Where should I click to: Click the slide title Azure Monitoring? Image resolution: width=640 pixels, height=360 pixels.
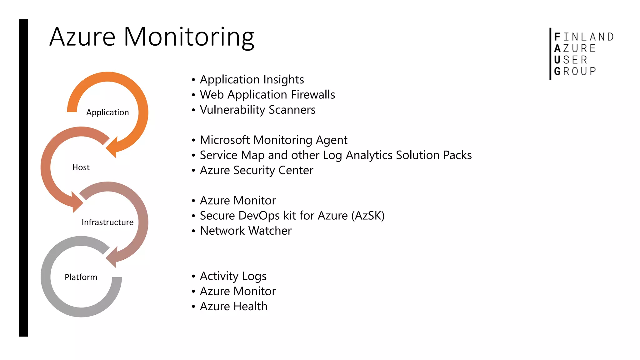click(x=152, y=37)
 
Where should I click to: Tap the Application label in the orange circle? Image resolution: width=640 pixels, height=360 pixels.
click(x=107, y=112)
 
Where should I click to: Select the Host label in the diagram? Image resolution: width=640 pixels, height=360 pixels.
click(x=81, y=167)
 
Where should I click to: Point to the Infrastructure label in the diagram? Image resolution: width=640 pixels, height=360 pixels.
click(x=107, y=222)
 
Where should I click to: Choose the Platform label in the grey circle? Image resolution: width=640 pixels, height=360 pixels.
click(x=81, y=277)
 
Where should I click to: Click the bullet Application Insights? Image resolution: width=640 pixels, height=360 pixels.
click(x=252, y=80)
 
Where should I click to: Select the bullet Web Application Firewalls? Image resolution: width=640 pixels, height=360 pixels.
click(x=267, y=95)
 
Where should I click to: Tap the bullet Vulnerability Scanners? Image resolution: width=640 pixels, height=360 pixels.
click(x=257, y=110)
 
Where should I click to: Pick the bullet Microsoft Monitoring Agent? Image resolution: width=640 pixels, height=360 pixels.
click(x=273, y=140)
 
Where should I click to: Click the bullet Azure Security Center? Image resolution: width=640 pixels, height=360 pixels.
click(x=256, y=170)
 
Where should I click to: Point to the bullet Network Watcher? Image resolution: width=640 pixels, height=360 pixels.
click(x=246, y=231)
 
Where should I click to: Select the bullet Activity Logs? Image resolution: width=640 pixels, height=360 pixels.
click(x=233, y=276)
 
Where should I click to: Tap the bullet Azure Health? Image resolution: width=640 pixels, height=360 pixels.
click(x=233, y=307)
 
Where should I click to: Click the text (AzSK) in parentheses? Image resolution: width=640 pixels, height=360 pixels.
click(x=368, y=216)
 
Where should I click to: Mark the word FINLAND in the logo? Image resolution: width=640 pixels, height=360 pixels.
click(x=584, y=37)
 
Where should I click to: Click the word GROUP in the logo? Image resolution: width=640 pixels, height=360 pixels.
click(x=575, y=71)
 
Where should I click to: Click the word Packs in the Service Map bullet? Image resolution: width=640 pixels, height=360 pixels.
click(x=457, y=155)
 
